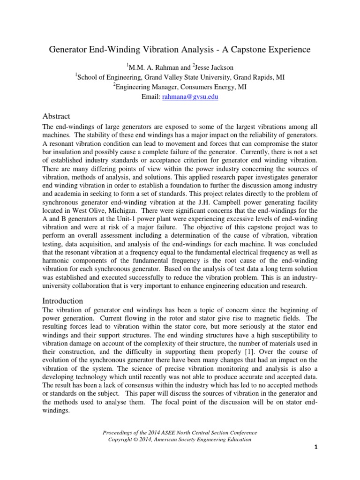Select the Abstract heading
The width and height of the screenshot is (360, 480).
pyautogui.click(x=56, y=116)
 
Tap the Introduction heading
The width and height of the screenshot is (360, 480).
pyautogui.click(x=63, y=300)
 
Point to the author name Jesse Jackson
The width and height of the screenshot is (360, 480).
pyautogui.click(x=210, y=67)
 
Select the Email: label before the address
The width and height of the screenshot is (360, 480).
pyautogui.click(x=150, y=97)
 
